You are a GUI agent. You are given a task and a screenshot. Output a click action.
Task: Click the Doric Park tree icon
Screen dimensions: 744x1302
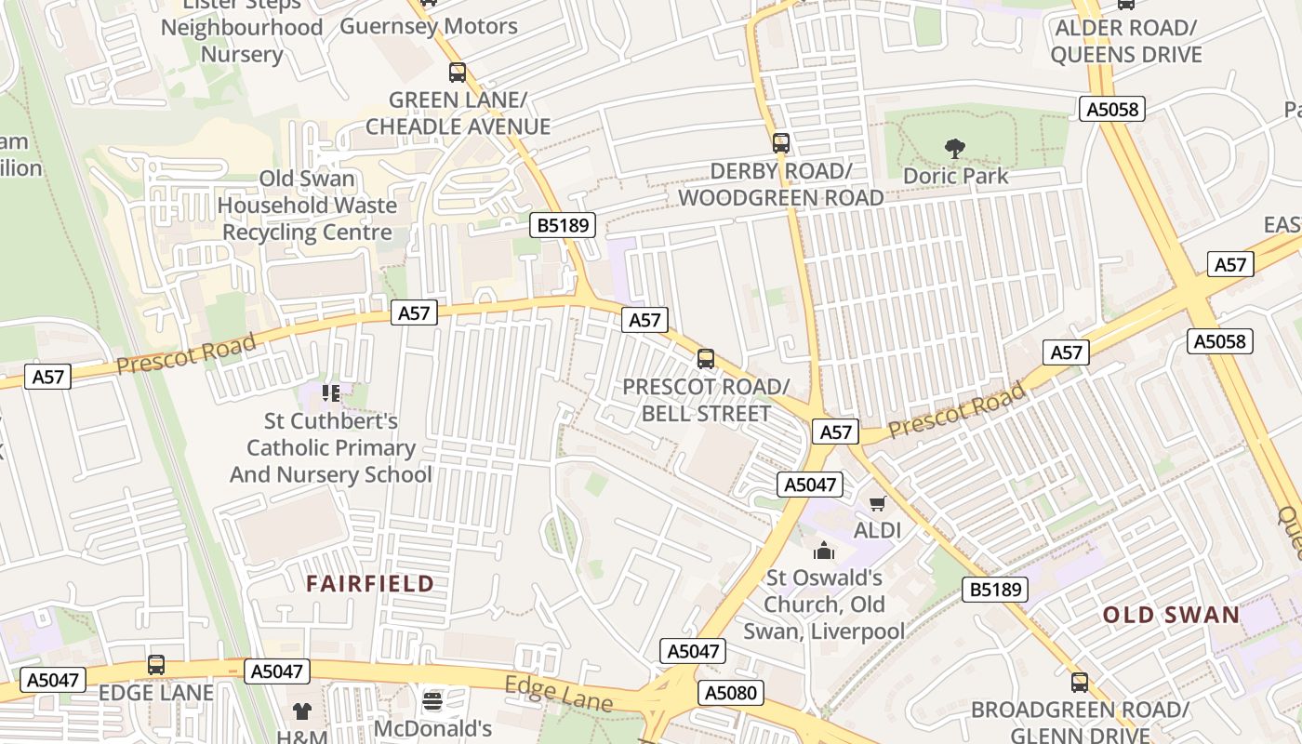click(954, 148)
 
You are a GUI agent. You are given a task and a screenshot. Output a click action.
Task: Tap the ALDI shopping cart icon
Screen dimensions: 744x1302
click(877, 504)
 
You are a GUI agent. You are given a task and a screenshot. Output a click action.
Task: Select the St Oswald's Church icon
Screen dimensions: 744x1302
click(824, 551)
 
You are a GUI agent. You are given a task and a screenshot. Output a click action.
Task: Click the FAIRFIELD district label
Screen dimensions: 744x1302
click(370, 584)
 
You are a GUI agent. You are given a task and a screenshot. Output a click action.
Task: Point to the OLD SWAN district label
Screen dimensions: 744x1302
click(1171, 615)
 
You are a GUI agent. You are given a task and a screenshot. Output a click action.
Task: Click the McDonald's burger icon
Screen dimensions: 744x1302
click(432, 700)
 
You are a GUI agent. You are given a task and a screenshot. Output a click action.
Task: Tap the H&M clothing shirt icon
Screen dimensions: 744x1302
click(302, 711)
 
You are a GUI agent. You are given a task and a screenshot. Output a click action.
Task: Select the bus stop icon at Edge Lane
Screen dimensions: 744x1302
click(156, 665)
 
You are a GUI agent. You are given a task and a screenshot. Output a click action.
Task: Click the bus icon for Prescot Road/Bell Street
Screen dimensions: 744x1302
click(706, 359)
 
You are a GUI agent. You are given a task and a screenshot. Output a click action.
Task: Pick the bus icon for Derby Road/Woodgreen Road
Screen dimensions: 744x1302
click(781, 143)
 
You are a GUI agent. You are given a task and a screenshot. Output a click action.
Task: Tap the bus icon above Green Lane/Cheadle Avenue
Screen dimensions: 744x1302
click(457, 73)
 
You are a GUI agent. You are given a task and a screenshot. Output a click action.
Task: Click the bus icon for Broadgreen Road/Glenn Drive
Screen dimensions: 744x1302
click(1079, 683)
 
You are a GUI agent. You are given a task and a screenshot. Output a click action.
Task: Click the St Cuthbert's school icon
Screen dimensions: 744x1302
click(330, 393)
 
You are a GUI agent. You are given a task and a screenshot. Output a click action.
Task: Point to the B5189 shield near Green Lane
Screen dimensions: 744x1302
click(563, 225)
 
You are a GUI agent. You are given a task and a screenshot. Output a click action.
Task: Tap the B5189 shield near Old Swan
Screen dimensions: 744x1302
click(995, 589)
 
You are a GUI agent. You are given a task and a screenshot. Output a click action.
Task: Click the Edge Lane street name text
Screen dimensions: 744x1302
click(558, 695)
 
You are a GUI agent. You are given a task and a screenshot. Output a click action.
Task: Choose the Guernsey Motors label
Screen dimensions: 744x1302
click(429, 26)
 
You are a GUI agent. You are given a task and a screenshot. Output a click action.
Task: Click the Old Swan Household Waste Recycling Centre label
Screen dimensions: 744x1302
click(307, 206)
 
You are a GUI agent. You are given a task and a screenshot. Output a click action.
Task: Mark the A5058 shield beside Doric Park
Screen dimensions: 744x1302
click(1113, 110)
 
